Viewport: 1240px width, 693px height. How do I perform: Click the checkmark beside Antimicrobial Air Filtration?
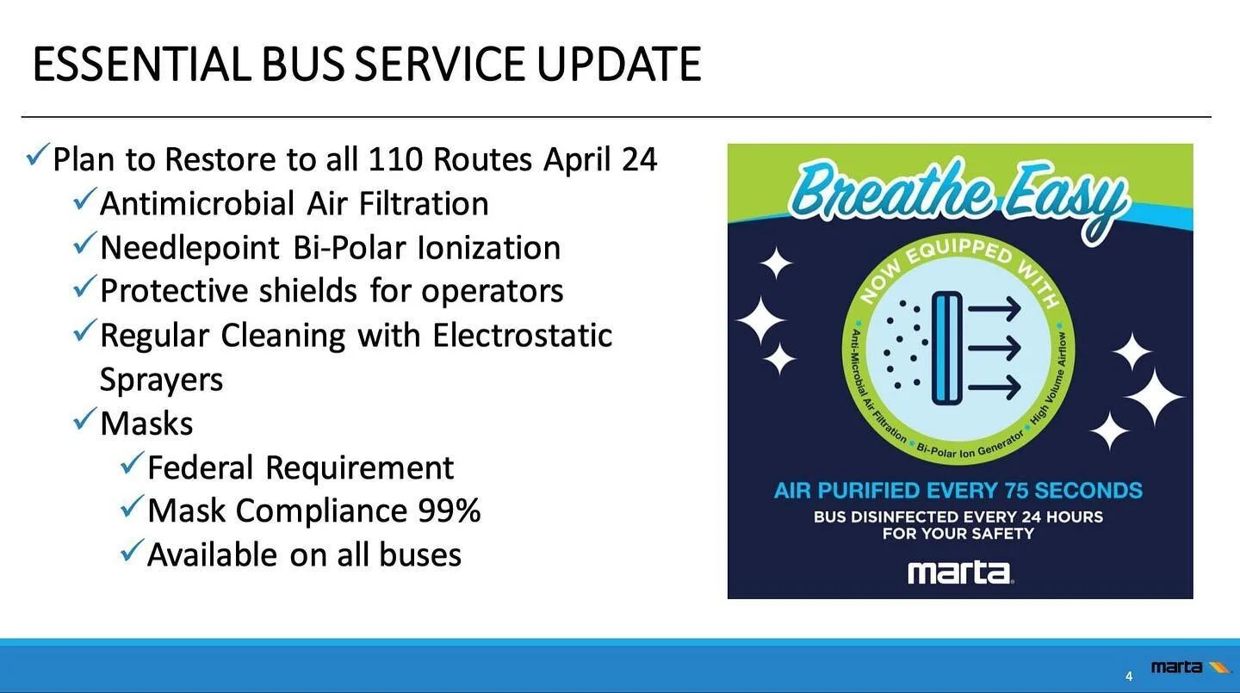84,201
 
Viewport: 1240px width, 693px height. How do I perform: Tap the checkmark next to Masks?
84,420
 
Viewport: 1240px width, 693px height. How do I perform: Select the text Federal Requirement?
300,467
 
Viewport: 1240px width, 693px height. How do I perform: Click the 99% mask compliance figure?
449,510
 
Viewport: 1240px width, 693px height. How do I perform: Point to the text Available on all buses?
304,554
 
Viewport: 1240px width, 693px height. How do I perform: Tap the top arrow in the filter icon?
994,308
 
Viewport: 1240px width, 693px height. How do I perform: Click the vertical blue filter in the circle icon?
946,348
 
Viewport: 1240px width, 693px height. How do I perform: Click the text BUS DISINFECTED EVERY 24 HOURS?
958,517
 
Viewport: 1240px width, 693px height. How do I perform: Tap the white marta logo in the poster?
959,572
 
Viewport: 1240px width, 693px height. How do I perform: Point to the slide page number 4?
1129,675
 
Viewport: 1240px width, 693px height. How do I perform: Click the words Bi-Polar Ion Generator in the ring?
968,447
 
